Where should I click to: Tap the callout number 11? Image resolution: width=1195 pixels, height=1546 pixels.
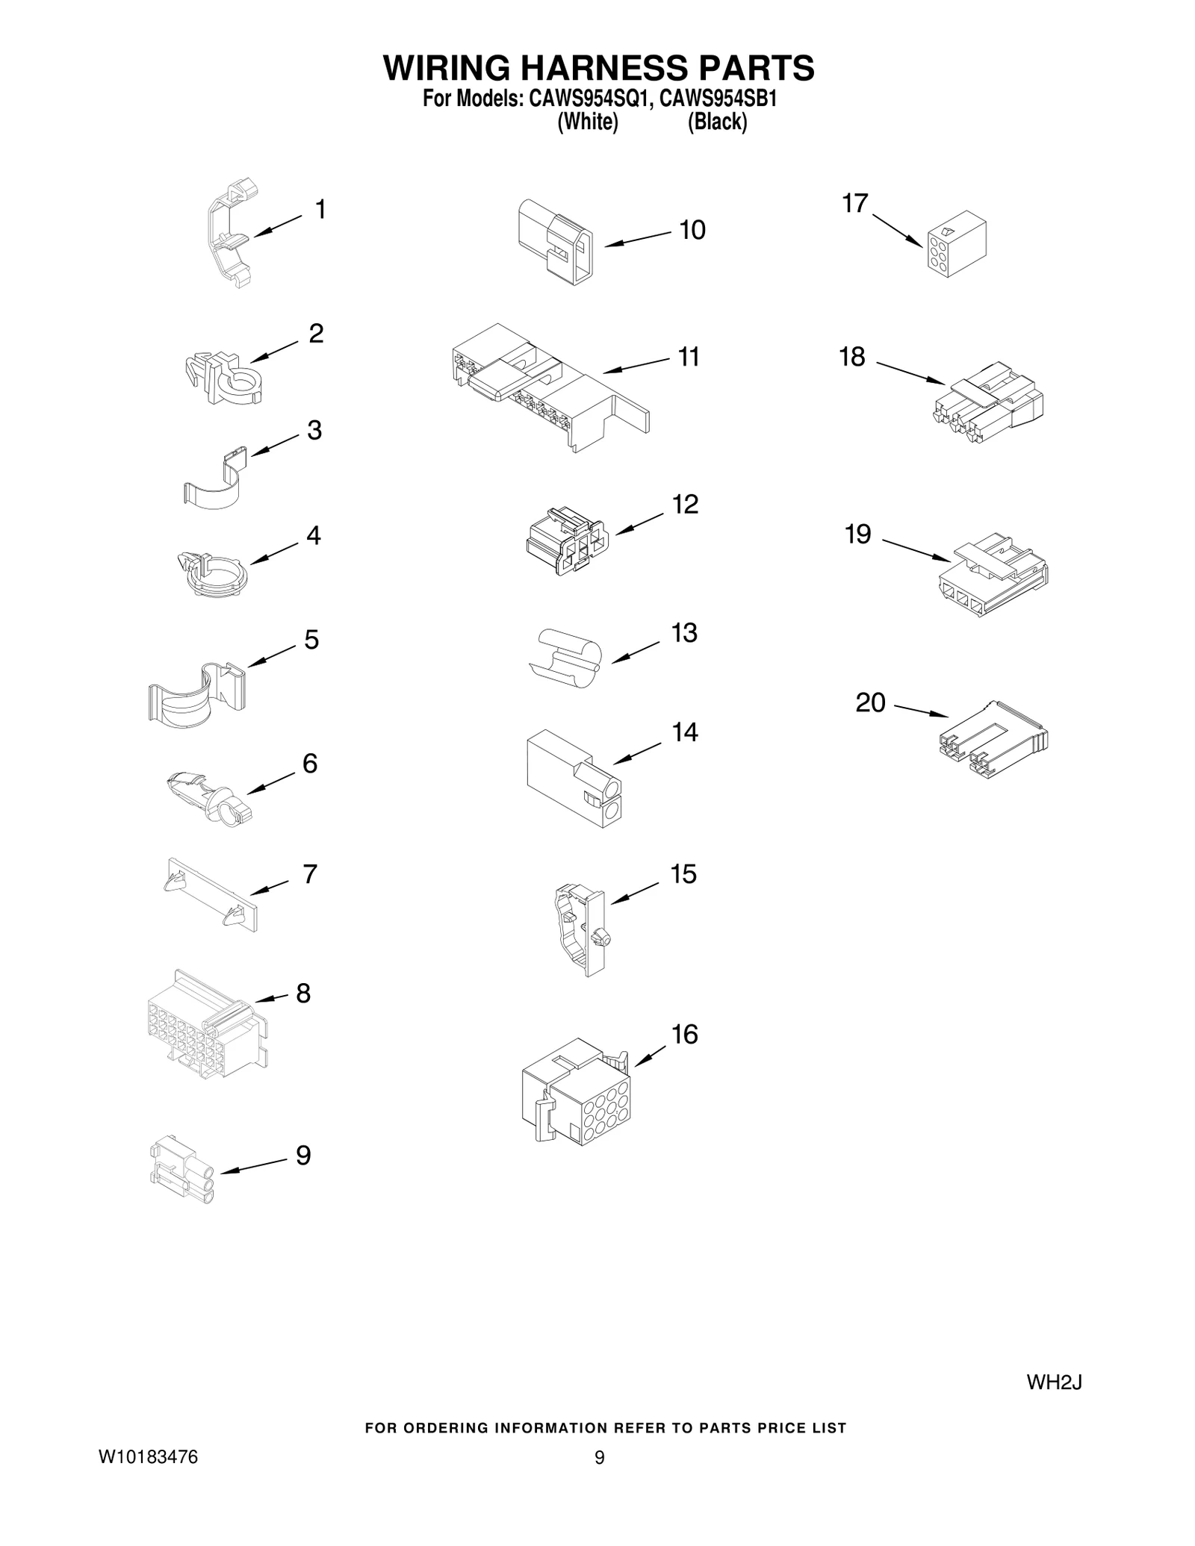pyautogui.click(x=689, y=357)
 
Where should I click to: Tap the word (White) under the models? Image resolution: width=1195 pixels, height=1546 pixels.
pyautogui.click(x=588, y=122)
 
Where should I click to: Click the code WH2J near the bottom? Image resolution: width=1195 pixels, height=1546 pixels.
pyautogui.click(x=1054, y=1383)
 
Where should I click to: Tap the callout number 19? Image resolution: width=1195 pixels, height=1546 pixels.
pyautogui.click(x=857, y=534)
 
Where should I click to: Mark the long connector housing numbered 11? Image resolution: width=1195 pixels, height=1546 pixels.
pyautogui.click(x=549, y=385)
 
